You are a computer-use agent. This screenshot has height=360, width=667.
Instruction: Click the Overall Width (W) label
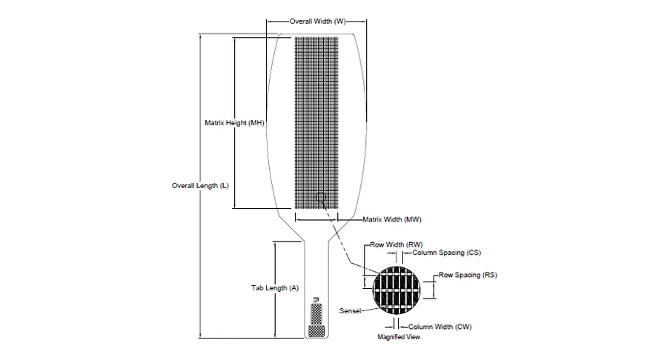coord(317,21)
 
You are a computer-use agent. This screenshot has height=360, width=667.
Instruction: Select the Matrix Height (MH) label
coord(234,123)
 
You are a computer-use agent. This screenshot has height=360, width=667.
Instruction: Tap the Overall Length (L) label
coord(200,186)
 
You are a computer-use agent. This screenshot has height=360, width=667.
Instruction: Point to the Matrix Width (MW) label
coord(392,220)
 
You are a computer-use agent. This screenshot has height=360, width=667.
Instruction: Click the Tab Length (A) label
coord(275,288)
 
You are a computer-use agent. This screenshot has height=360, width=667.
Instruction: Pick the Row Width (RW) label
coord(396,245)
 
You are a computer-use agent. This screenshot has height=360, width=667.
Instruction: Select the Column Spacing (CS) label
coord(447,253)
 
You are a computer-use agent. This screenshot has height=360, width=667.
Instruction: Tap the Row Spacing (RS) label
coord(468,275)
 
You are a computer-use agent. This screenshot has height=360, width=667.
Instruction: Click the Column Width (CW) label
coord(439,327)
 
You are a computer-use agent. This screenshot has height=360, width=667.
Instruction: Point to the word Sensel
coord(350,311)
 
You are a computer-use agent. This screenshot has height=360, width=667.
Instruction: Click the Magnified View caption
coord(399,337)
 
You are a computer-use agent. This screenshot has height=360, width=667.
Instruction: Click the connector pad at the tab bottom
coord(316,331)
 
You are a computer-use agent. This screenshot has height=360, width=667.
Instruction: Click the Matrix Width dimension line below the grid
coord(316,220)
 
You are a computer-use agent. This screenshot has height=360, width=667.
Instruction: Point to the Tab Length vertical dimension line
coord(275,290)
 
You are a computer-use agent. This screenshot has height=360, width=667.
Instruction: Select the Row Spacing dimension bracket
coord(434,287)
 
